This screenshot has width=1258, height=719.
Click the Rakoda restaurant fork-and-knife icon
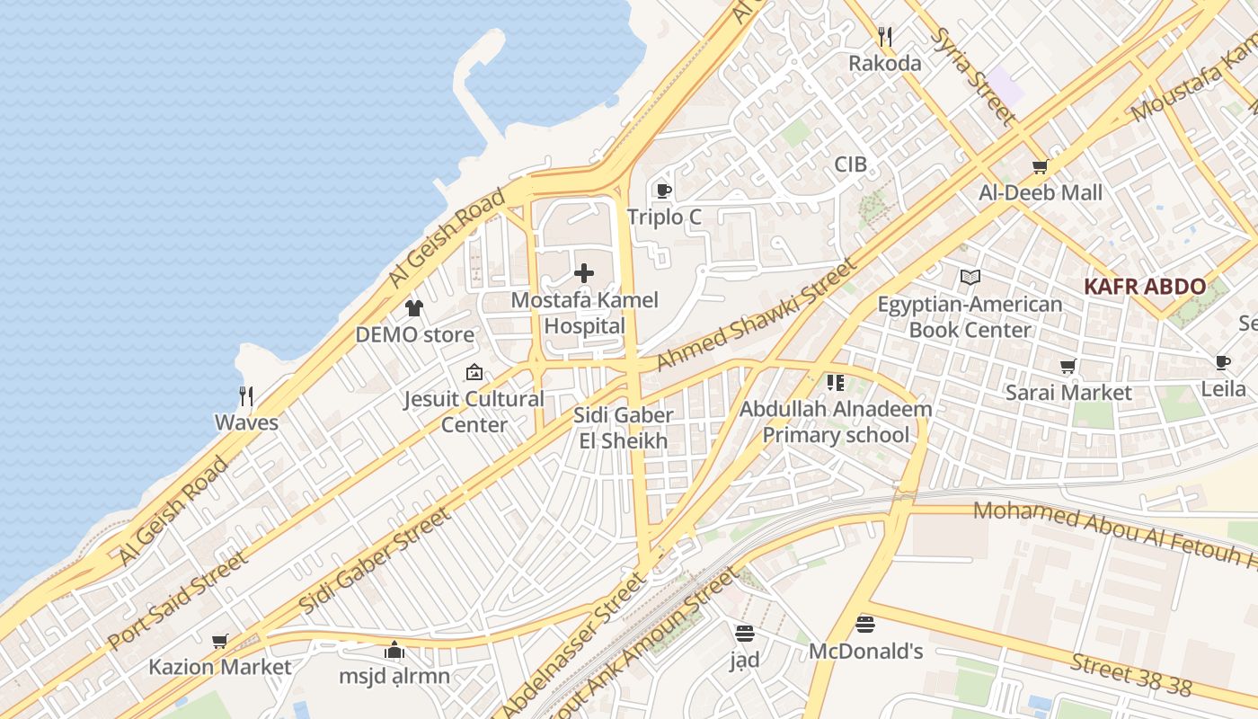click(885, 37)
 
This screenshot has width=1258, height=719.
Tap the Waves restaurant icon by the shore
click(246, 395)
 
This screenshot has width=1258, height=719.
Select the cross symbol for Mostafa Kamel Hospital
click(584, 272)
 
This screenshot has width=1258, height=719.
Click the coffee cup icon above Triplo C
click(663, 191)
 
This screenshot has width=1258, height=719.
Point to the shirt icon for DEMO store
click(413, 308)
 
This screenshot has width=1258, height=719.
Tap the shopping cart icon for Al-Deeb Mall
click(1041, 166)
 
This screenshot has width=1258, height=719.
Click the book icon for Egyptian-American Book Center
click(970, 278)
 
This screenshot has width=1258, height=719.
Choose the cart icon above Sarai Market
click(1068, 367)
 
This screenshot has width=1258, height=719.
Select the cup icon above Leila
click(1223, 362)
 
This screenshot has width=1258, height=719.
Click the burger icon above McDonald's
click(865, 624)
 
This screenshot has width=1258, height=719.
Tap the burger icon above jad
click(744, 633)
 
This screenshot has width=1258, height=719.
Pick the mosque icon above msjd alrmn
click(394, 649)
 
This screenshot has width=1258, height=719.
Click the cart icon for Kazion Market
click(220, 641)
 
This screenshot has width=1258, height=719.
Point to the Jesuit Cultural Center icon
click(474, 372)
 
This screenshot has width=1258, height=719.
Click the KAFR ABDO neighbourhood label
click(1145, 287)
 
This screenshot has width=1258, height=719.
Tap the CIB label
click(850, 164)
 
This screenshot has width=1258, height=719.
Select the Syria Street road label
click(974, 75)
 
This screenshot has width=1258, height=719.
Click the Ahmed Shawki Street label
click(757, 315)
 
